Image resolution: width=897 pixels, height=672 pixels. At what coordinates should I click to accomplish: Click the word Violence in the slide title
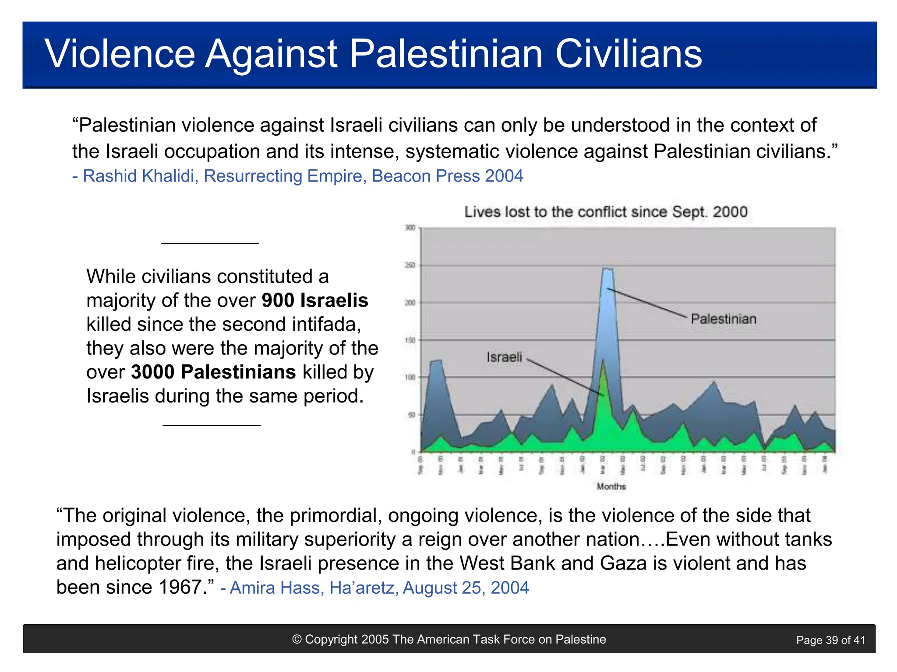[x=120, y=54]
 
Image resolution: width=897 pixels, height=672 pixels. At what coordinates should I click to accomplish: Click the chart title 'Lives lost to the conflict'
[x=605, y=212]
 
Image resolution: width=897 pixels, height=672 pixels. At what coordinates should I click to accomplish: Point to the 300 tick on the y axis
[x=410, y=228]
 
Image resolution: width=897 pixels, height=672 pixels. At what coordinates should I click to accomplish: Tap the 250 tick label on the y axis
[x=410, y=266]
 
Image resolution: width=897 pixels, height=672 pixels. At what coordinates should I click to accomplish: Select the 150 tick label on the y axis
[x=410, y=340]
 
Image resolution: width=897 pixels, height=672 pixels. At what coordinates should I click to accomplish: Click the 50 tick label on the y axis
[x=411, y=415]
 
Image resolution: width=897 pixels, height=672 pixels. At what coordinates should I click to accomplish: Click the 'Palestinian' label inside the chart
[x=723, y=319]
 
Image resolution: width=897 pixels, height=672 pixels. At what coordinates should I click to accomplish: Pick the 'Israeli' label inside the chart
[x=504, y=357]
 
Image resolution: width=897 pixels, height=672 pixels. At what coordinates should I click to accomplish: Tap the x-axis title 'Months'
[x=611, y=486]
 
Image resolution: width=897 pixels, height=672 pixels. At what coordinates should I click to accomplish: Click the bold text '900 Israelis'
[x=314, y=301]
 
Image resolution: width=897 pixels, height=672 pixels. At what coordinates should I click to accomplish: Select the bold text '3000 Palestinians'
[x=213, y=372]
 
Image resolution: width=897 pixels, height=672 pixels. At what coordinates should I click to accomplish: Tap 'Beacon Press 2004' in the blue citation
[x=447, y=176]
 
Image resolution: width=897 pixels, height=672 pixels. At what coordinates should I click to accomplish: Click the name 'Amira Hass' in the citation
[x=276, y=588]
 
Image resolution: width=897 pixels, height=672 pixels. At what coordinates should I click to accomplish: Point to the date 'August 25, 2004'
[x=466, y=588]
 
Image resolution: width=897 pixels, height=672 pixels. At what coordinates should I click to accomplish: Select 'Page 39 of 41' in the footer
[x=830, y=640]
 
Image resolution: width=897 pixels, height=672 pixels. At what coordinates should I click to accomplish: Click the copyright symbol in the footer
[x=297, y=640]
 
